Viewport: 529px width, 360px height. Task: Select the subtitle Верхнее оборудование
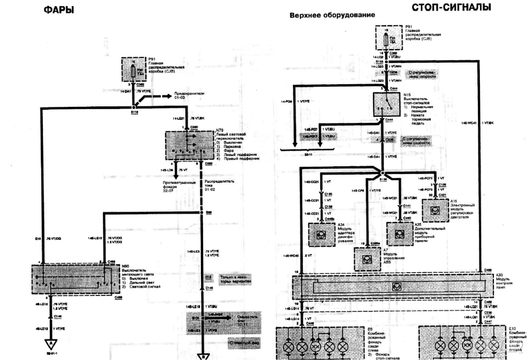coord(332,15)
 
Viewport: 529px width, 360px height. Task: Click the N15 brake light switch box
coord(385,104)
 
